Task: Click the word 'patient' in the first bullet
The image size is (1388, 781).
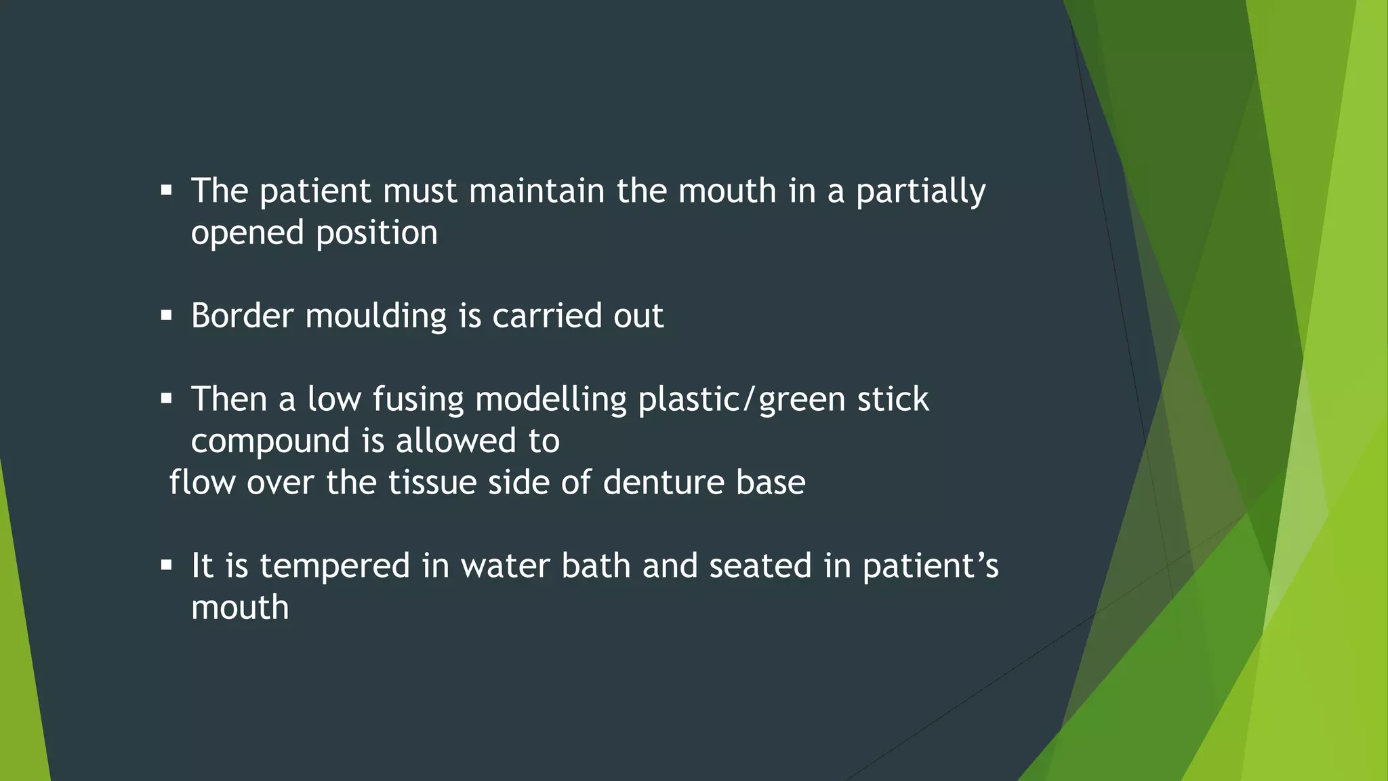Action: coord(314,192)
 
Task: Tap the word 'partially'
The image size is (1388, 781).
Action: coord(920,192)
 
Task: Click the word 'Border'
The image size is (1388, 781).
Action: coord(242,317)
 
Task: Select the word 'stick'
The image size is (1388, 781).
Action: coord(893,400)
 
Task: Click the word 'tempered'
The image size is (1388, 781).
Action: coord(335,567)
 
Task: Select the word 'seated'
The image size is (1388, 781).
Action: coord(760,567)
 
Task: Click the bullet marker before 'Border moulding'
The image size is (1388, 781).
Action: coord(167,315)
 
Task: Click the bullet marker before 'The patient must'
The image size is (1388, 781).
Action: coord(167,191)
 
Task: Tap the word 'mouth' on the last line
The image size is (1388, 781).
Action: coord(240,608)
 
